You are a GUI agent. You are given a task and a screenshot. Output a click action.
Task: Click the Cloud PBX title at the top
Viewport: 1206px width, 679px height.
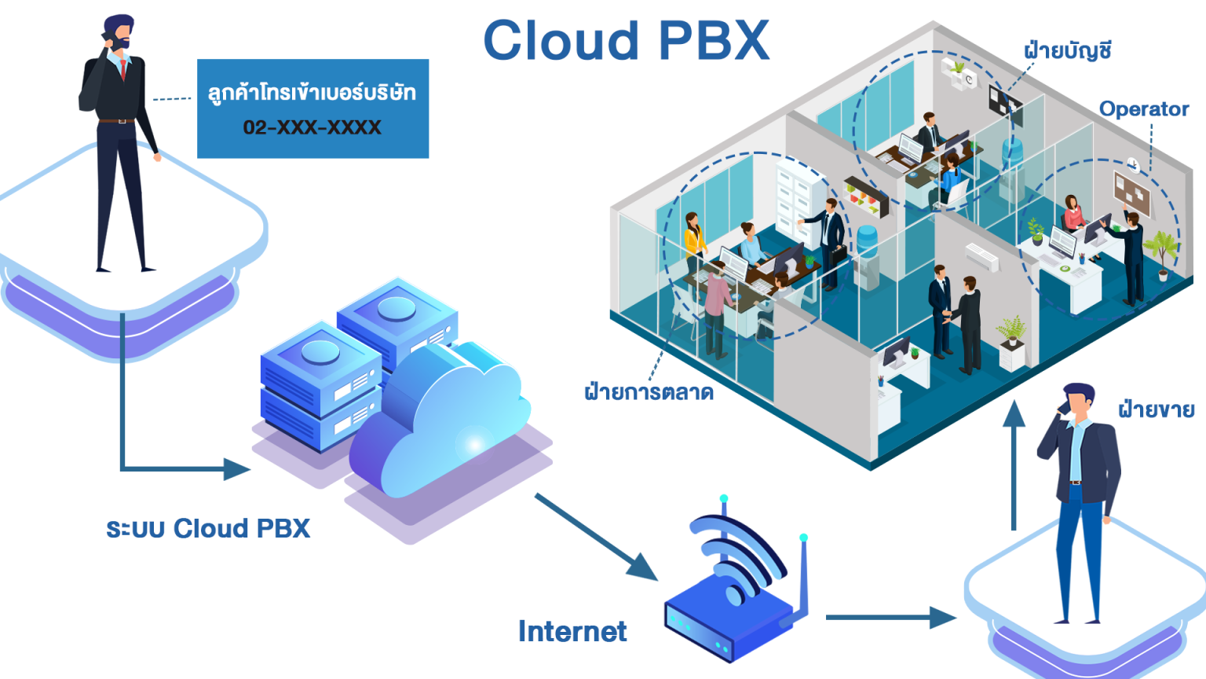coord(626,41)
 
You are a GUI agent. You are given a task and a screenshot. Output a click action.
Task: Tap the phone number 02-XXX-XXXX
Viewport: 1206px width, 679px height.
coord(312,127)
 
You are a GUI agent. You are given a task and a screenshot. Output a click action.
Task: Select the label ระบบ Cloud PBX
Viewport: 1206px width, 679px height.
coord(208,528)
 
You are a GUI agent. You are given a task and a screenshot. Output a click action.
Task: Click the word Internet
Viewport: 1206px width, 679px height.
coord(572,631)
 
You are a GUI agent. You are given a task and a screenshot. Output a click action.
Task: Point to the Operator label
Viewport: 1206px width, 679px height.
coord(1143,109)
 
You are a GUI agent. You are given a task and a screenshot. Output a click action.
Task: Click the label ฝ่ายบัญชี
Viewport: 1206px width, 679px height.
coord(1067,51)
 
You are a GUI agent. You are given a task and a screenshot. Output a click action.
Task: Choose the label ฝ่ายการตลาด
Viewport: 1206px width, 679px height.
coord(649,391)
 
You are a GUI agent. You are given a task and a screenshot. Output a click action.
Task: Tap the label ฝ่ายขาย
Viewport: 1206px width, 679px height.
coord(1156,409)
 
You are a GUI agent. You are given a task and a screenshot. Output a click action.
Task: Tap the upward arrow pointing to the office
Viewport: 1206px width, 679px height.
coord(1014,464)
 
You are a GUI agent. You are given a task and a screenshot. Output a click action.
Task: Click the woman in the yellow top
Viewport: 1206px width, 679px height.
coord(693,240)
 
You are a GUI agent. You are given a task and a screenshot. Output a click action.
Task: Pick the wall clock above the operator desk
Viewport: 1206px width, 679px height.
coord(1133,164)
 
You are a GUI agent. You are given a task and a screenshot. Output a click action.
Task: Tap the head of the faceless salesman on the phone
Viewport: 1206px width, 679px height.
coord(1079,401)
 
